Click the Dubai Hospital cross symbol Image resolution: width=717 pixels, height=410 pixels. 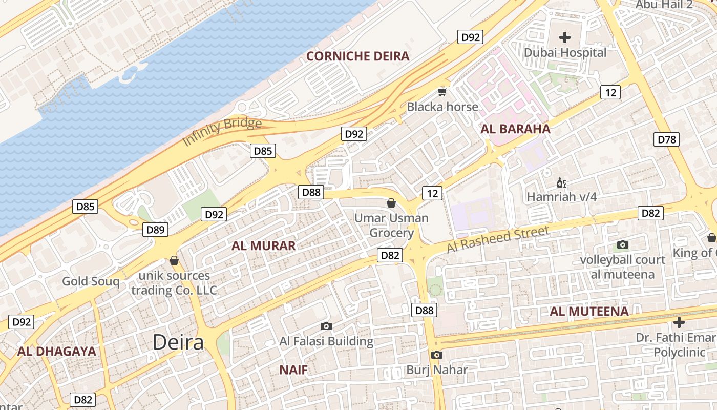565,37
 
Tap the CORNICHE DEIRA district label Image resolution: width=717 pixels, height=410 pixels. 357,56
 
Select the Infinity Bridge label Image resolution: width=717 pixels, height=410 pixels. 222,131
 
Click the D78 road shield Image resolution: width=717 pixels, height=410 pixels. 666,139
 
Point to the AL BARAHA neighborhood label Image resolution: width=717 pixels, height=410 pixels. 515,129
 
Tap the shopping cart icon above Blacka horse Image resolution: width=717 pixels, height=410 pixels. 442,92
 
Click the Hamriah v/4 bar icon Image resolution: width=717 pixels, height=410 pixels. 561,182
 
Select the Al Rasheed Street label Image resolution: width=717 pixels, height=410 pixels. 497,239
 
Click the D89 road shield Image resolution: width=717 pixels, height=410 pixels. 155,230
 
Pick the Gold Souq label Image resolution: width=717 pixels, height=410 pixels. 91,281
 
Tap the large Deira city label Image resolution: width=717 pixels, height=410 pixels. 178,342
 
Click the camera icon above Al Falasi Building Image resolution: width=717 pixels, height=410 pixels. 326,326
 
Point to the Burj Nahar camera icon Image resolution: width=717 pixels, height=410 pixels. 436,355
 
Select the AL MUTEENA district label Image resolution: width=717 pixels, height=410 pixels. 589,311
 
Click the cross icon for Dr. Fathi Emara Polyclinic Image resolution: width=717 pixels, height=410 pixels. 679,322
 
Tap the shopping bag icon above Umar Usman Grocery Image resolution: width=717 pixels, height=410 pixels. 391,203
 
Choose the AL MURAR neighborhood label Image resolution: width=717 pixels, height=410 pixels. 263,246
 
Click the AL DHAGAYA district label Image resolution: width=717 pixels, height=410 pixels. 56,351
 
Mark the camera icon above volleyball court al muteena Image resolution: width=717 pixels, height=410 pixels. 622,245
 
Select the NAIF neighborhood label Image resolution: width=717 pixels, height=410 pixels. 293,370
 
